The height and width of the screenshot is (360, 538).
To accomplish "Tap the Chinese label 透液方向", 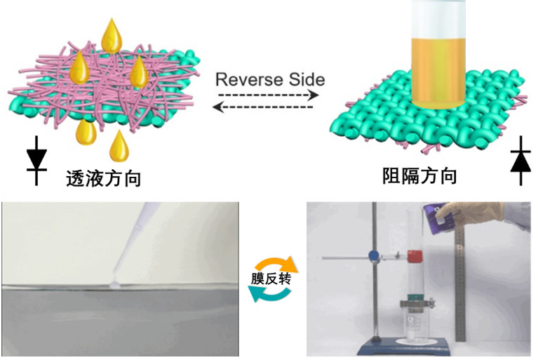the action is (104, 178).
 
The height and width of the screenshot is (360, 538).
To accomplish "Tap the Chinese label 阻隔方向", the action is (419, 176).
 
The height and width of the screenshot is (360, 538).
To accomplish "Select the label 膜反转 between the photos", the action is (271, 279).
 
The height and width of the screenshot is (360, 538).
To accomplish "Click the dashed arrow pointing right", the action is (269, 95).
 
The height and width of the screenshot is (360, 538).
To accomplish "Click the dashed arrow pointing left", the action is (263, 107).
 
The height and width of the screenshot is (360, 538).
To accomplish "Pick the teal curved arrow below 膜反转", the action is (269, 295).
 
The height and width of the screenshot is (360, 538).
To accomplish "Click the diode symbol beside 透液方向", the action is (36, 161).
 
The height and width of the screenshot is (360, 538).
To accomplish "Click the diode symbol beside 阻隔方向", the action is (521, 161).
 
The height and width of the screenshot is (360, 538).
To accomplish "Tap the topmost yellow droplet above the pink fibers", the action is (112, 36).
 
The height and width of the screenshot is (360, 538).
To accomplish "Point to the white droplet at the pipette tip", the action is (114, 284).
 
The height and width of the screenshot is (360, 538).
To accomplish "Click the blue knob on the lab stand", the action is (374, 255).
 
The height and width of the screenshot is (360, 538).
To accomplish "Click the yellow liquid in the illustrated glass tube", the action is (438, 73).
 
